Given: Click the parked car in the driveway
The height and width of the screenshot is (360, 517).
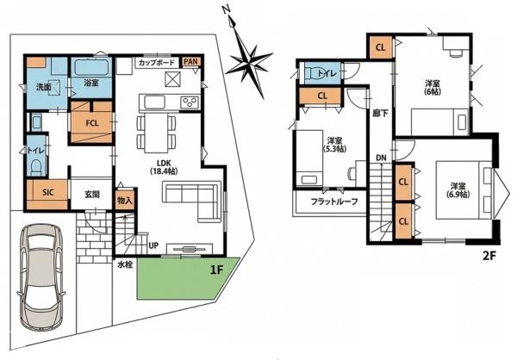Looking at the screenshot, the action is [x=41, y=276].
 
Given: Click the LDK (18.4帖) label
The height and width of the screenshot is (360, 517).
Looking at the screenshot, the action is [x=164, y=167].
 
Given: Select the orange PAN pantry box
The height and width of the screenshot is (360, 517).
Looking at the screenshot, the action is [x=191, y=62].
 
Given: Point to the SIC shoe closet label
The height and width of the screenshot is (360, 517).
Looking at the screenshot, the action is [x=48, y=192].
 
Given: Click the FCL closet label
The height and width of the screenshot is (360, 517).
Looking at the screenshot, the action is [x=92, y=123].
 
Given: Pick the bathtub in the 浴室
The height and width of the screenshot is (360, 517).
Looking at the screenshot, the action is [x=91, y=67].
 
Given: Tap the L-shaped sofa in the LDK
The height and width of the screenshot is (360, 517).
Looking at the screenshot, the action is [x=192, y=201].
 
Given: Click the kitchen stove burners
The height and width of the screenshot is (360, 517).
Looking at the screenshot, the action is [x=190, y=102].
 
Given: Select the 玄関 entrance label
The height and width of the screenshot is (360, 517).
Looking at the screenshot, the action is [x=92, y=194].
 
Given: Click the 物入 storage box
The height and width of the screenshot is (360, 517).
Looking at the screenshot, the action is [x=125, y=200].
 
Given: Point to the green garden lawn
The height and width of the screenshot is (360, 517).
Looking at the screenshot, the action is [x=187, y=278].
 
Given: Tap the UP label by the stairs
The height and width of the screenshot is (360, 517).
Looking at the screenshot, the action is [x=153, y=245].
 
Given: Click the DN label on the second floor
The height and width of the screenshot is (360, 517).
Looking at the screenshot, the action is [x=381, y=158].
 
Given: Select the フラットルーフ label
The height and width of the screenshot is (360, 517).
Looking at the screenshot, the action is [x=334, y=202].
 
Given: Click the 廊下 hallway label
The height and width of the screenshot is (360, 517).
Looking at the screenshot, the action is [x=380, y=114].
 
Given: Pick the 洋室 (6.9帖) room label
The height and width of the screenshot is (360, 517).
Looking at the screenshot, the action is [x=458, y=189].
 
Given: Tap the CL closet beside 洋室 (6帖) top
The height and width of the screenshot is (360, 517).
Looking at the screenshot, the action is [x=381, y=47].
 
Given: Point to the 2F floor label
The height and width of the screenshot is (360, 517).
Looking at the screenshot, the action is [x=489, y=256].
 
